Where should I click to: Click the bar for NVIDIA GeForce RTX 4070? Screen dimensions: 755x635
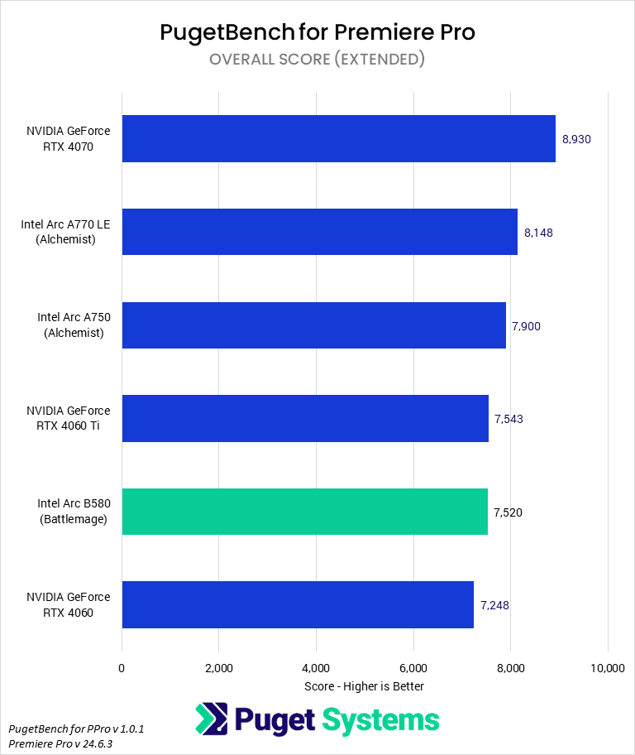click(338, 138)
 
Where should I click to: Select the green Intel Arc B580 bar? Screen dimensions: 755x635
click(304, 512)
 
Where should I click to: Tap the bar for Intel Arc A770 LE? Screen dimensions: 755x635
click(319, 232)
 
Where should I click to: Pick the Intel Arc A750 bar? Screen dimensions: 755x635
click(313, 325)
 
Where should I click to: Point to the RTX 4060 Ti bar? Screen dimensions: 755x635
click(305, 418)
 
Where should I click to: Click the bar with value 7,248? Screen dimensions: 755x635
click(298, 604)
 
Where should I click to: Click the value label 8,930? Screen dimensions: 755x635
click(576, 139)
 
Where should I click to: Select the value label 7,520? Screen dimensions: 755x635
click(508, 512)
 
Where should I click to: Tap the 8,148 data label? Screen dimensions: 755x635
click(538, 233)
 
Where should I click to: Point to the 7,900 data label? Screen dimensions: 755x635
click(526, 326)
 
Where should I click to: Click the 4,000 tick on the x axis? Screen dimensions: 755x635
click(316, 668)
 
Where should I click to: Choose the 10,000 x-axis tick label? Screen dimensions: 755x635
click(608, 668)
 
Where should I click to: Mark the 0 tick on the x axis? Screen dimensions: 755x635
click(122, 668)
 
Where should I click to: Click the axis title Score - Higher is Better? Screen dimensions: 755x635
click(364, 686)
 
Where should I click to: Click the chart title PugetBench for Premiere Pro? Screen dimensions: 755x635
click(317, 32)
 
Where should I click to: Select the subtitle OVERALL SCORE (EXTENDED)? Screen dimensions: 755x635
click(317, 59)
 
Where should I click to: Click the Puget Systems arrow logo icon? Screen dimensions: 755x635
click(211, 719)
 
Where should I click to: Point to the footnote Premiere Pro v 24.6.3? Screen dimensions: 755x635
click(60, 743)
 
